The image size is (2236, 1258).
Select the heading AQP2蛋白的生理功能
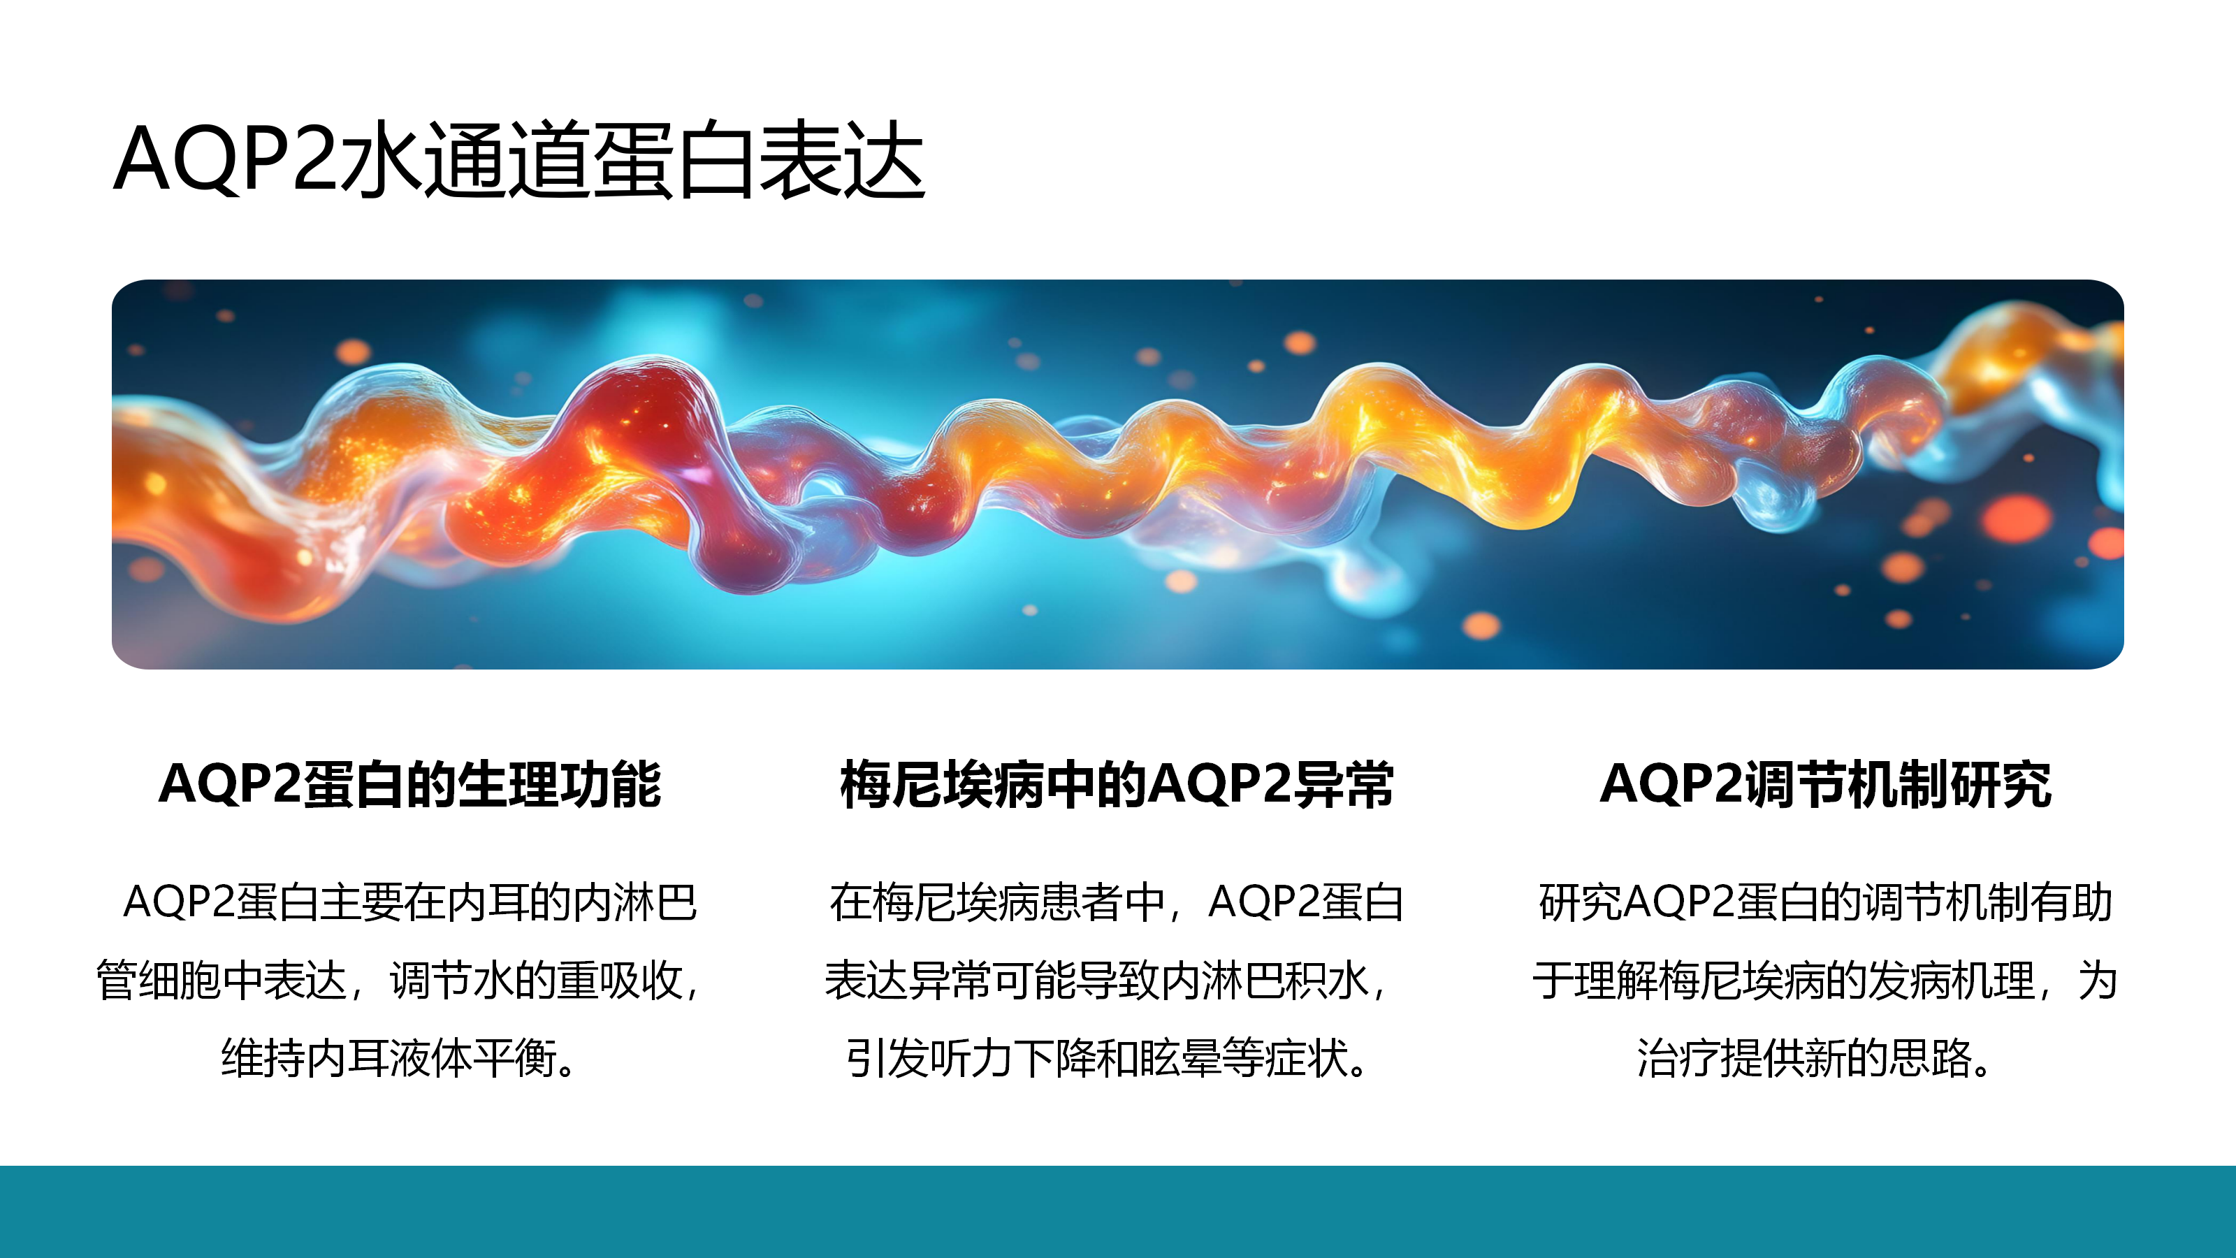point(409,784)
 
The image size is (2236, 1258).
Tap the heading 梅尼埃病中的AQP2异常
point(1117,784)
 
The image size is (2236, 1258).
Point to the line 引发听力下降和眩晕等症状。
point(1108,1057)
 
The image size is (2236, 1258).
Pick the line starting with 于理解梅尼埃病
point(1824,980)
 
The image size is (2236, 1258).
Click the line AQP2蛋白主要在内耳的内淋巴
point(409,902)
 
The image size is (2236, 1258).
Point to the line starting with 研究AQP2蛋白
point(1825,902)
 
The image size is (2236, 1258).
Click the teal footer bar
point(1118,1211)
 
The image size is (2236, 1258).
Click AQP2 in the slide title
point(226,158)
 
